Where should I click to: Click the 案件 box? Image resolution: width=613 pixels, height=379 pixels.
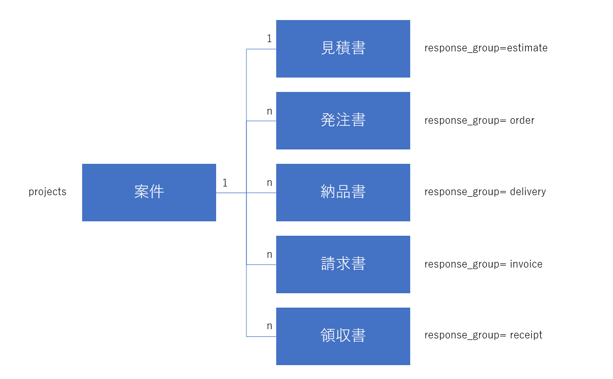click(149, 193)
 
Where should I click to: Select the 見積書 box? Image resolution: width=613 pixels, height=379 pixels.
click(343, 49)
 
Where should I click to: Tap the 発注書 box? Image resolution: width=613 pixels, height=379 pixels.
click(343, 121)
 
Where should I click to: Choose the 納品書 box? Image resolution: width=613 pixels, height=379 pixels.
click(343, 193)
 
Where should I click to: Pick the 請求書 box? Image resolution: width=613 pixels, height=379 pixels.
click(343, 264)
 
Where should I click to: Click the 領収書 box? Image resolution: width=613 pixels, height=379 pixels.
click(343, 336)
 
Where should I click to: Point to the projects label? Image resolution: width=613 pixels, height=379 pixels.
click(47, 192)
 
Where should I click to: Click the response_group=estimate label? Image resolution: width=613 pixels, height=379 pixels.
click(486, 48)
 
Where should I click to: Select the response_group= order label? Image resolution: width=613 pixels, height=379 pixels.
click(479, 121)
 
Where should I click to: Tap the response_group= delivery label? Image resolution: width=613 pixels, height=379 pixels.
click(485, 192)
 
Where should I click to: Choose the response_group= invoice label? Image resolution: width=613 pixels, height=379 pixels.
click(483, 264)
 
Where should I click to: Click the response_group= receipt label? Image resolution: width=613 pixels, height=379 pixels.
click(483, 335)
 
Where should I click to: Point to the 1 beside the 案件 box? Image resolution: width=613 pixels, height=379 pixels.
click(225, 183)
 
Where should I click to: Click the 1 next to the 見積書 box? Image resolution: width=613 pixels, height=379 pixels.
click(269, 39)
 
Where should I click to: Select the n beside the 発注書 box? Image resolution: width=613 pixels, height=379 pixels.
click(269, 111)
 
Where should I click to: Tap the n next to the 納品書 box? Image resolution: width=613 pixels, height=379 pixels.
click(269, 183)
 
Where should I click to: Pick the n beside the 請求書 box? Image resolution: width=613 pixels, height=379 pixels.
click(269, 255)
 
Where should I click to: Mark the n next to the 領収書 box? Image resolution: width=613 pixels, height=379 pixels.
click(269, 326)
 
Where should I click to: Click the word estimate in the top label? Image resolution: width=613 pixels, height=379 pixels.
click(527, 48)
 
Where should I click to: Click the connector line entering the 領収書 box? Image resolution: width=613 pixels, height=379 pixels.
click(261, 336)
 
